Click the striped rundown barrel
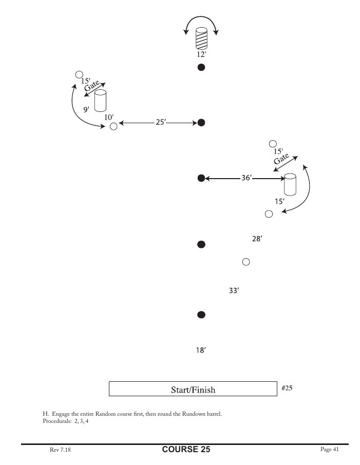click(202, 40)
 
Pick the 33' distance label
click(234, 290)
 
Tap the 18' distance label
click(201, 351)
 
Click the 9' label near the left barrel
click(86, 109)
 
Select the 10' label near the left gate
click(109, 117)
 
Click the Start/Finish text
click(193, 390)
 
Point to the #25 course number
click(287, 388)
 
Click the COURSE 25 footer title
click(186, 450)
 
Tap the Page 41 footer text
click(329, 450)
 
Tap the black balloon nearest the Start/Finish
click(202, 314)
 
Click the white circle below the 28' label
click(246, 262)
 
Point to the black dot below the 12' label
click(202, 67)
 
